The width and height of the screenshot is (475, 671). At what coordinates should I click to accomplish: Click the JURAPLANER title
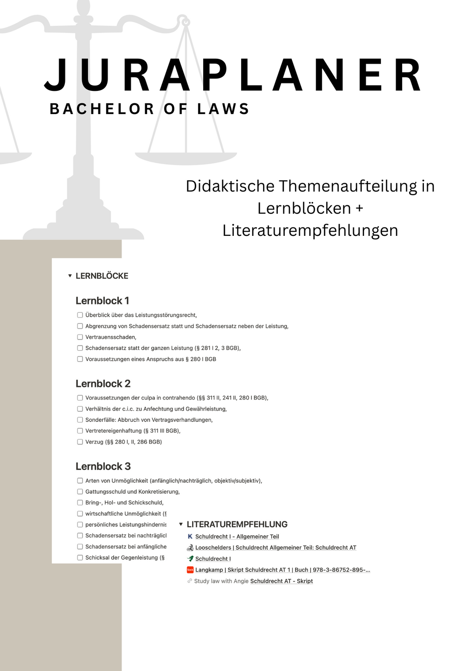pyautogui.click(x=233, y=75)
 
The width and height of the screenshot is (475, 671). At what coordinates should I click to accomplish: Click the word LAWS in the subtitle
pyautogui.click(x=224, y=109)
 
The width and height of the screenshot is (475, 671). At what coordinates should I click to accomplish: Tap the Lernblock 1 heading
pyautogui.click(x=102, y=301)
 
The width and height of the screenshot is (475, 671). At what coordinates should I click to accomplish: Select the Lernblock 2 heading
pyautogui.click(x=103, y=384)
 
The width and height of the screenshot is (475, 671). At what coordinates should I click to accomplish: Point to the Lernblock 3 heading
pyautogui.click(x=103, y=467)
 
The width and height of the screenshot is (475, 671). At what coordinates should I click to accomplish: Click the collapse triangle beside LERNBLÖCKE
pyautogui.click(x=70, y=276)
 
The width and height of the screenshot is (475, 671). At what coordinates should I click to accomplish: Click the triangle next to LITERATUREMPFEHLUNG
pyautogui.click(x=181, y=525)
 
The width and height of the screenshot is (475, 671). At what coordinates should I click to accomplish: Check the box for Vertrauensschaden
pyautogui.click(x=80, y=337)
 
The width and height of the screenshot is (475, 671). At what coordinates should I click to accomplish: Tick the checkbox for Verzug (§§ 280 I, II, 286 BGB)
pyautogui.click(x=80, y=442)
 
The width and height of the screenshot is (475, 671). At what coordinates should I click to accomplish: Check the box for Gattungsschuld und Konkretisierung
pyautogui.click(x=80, y=492)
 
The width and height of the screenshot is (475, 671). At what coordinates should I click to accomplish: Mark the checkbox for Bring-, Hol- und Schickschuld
pyautogui.click(x=80, y=502)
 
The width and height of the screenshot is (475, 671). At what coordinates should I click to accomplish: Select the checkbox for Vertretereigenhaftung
pyautogui.click(x=80, y=430)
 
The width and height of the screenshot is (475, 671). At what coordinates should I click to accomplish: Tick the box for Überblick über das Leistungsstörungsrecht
pyautogui.click(x=80, y=315)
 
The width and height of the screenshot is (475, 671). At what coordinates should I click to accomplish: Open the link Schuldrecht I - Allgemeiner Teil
pyautogui.click(x=237, y=537)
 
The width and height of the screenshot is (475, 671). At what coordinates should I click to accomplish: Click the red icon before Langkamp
pyautogui.click(x=190, y=570)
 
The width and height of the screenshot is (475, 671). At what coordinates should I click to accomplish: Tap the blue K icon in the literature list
pyautogui.click(x=190, y=537)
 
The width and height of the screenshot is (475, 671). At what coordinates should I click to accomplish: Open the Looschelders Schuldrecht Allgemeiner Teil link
pyautogui.click(x=276, y=548)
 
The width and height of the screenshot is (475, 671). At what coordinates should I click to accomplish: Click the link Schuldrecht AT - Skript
pyautogui.click(x=282, y=581)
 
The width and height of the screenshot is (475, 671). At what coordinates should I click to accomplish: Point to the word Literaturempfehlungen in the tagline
pyautogui.click(x=310, y=230)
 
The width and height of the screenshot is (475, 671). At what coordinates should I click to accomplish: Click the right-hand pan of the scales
pyautogui.click(x=186, y=158)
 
